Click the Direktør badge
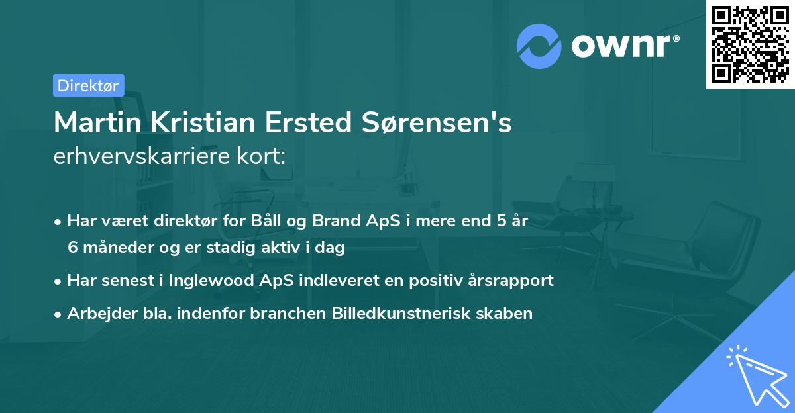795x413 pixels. click(88, 85)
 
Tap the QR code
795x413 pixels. click(749, 44)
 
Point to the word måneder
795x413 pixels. click(115, 248)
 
